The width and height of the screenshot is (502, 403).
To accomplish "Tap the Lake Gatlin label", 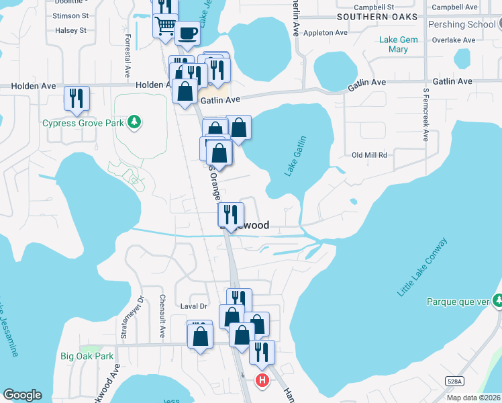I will pos(296,156).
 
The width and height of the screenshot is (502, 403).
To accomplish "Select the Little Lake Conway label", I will pos(422,267).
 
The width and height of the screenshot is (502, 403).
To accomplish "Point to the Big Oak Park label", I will pos(87,356).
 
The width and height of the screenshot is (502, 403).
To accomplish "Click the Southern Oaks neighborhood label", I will pos(377,16).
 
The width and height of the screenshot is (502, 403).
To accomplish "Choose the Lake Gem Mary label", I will pos(398,44).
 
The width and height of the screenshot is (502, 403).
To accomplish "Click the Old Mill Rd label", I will pos(370,155).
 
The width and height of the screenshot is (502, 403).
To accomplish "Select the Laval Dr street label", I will pos(194,306).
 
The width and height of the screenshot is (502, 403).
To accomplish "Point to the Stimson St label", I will pos(70,15).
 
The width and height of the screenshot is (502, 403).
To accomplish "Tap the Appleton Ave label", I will pos(325,32).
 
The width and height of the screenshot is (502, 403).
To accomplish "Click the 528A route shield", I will pos(454,381).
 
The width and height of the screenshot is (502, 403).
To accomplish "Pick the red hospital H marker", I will pos(262,381).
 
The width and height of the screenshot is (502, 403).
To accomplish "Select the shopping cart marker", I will pos(165,26).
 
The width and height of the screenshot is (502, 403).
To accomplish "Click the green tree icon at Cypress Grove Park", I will pos(136,122).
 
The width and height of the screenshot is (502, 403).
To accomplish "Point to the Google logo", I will pos(22,395).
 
